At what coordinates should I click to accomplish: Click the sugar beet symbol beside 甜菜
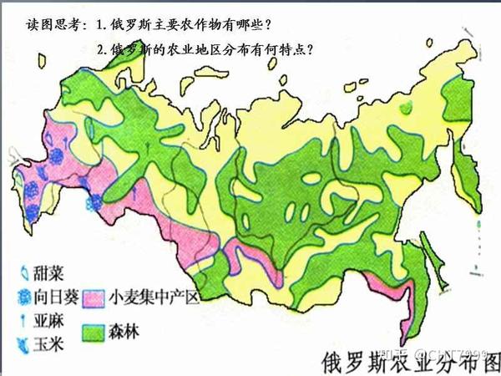pyautogui.click(x=23, y=273)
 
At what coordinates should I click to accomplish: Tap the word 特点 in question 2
pyautogui.click(x=291, y=50)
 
